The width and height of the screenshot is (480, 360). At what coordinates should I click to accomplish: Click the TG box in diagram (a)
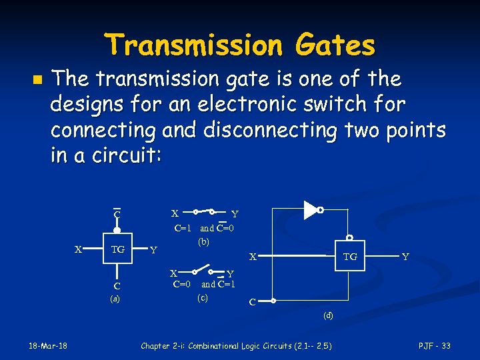[117, 249]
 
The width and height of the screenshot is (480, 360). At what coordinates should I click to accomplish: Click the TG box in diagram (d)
[350, 256]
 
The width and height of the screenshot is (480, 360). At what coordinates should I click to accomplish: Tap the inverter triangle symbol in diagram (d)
[311, 210]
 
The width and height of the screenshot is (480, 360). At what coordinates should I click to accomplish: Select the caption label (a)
[115, 299]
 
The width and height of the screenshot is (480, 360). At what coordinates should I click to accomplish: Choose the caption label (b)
[203, 241]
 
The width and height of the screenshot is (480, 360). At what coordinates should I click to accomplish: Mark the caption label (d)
[328, 315]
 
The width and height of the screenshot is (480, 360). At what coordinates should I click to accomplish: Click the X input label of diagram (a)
[77, 249]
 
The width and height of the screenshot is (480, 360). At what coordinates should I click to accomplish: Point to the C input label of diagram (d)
[252, 302]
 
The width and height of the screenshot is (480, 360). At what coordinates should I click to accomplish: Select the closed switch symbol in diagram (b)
[203, 212]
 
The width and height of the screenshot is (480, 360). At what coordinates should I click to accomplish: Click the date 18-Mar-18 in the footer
[47, 345]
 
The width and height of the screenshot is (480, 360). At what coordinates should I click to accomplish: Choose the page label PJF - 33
[434, 345]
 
